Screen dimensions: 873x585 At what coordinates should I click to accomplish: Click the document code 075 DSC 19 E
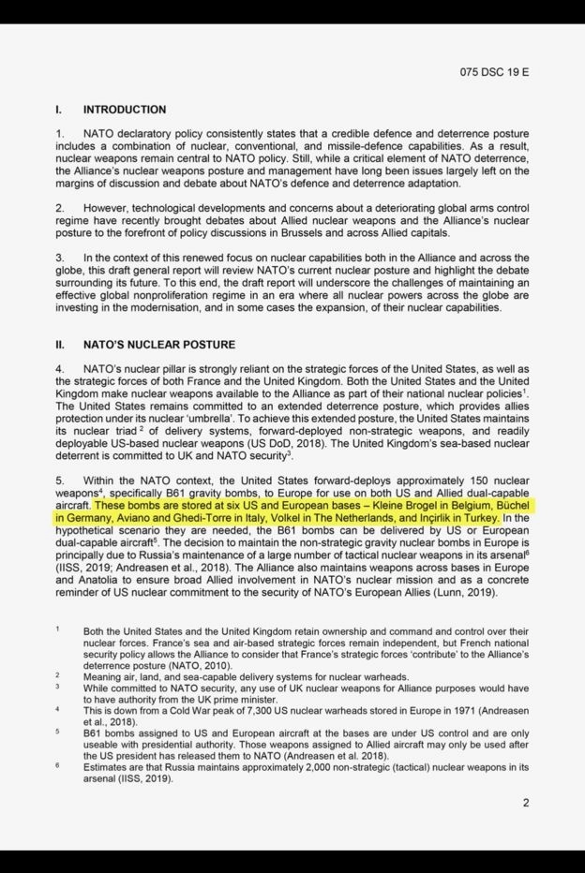[494, 71]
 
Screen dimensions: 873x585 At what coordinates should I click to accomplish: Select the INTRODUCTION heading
[124, 110]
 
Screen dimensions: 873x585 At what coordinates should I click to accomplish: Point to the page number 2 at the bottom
[526, 803]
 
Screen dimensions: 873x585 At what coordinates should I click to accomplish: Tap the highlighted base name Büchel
[509, 504]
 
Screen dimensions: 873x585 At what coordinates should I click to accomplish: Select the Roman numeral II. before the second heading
[60, 345]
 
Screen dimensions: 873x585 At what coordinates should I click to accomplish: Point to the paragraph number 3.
[59, 258]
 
